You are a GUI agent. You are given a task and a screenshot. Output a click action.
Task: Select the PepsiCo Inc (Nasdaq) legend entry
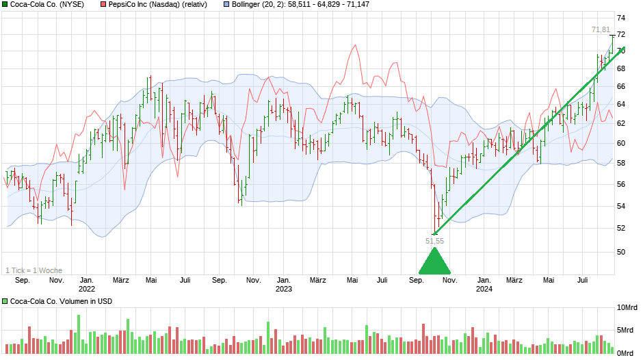coord(155,5)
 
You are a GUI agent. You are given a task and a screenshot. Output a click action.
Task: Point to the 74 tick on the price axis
coord(620,18)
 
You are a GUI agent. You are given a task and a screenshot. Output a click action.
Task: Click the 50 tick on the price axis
coord(620,252)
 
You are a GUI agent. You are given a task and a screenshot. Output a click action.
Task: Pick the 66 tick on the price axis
coord(620,86)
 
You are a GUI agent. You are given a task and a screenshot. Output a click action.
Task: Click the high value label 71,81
coord(601,29)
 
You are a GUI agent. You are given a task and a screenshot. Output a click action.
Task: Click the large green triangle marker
coord(434,261)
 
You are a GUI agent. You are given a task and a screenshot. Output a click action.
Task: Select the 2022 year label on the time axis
coord(86,289)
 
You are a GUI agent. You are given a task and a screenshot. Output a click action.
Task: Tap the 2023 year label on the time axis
coord(283,289)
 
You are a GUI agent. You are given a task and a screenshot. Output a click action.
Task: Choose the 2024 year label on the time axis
coord(484,289)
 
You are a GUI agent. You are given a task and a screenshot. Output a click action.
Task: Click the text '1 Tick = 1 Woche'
coord(34,270)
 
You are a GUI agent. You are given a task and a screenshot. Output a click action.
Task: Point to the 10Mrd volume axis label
coord(628,307)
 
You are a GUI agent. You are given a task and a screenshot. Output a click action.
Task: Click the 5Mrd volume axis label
coord(628,330)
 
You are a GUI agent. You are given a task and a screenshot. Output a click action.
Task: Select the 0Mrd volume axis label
coord(628,352)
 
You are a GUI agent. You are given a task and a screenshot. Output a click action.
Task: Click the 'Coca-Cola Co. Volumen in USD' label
coord(60,301)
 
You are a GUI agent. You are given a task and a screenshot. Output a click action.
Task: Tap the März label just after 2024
coord(514,280)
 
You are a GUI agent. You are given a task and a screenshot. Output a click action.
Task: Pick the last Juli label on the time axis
coord(583,280)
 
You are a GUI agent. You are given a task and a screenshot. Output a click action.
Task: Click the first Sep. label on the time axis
coord(22,280)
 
